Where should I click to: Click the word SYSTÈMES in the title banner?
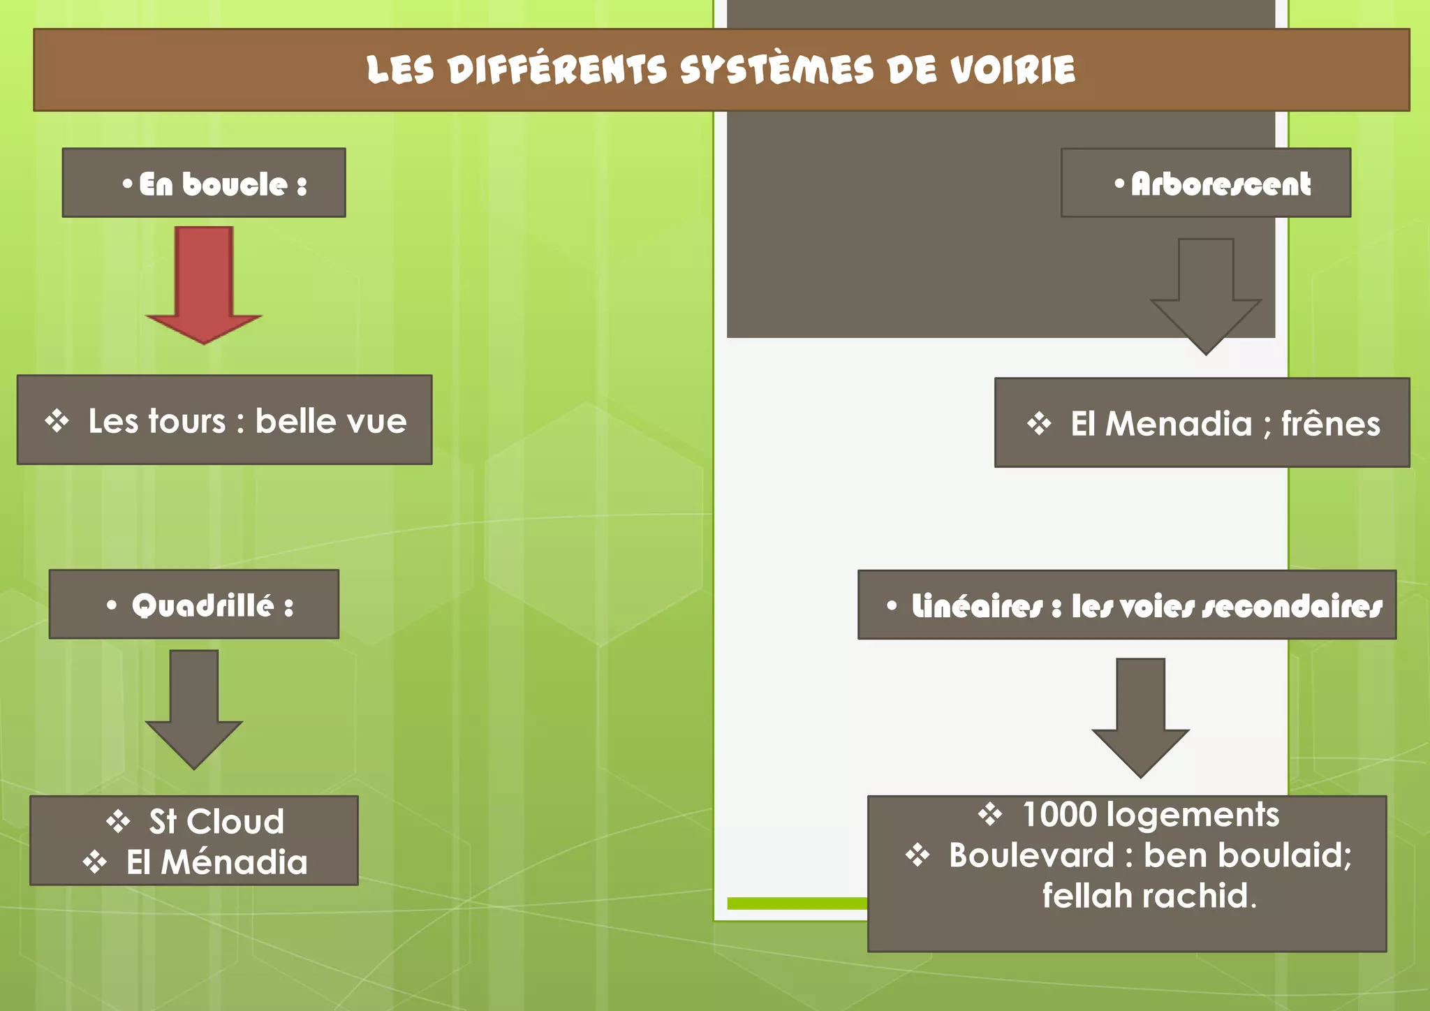point(776,70)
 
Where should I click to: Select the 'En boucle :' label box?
point(204,183)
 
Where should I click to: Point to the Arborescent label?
point(1220,184)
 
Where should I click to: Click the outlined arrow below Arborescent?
point(1206,293)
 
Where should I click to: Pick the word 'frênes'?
point(1330,424)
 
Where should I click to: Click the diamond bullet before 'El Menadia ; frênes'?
point(1039,424)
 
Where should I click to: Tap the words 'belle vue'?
point(331,421)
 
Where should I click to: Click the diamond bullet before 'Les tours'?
point(57,421)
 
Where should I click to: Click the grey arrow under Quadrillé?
point(194,705)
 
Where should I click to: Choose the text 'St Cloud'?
point(216,821)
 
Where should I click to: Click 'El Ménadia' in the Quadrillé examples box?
point(216,862)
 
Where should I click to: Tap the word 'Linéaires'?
point(977,607)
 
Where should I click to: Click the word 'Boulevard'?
point(1031,855)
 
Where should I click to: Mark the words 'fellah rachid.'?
point(1149,896)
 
